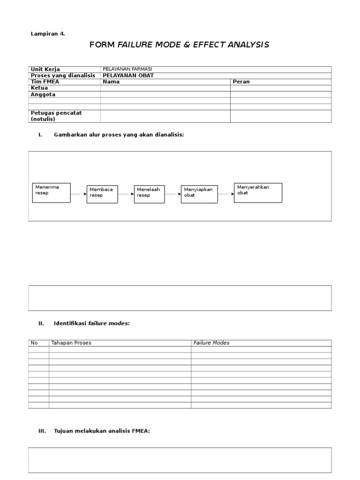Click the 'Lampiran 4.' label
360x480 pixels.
pyautogui.click(x=48, y=34)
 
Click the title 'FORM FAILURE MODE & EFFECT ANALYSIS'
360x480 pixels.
pyautogui.click(x=179, y=45)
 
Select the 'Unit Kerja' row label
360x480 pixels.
pyautogui.click(x=45, y=69)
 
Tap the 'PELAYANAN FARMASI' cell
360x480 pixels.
pyautogui.click(x=127, y=69)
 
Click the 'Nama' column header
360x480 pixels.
pyautogui.click(x=111, y=82)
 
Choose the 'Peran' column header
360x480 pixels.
pyautogui.click(x=241, y=82)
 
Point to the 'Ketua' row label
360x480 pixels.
pyautogui.click(x=39, y=88)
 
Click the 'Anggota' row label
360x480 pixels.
pyautogui.click(x=43, y=94)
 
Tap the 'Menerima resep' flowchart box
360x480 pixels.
pyautogui.click(x=51, y=193)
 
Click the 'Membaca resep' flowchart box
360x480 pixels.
pyautogui.click(x=102, y=194)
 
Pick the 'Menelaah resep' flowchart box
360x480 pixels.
pyautogui.click(x=149, y=194)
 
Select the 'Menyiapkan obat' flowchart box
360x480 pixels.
pyautogui.click(x=199, y=194)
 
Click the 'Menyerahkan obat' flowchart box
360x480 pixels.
pyautogui.click(x=258, y=193)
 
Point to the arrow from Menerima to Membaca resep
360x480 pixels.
pyautogui.click(x=78, y=194)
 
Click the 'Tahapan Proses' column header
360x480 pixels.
pyautogui.click(x=71, y=343)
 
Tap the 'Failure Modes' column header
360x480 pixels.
pyautogui.click(x=211, y=343)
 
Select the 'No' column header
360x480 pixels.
pyautogui.click(x=34, y=343)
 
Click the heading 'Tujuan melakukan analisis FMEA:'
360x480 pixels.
pyautogui.click(x=102, y=431)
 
